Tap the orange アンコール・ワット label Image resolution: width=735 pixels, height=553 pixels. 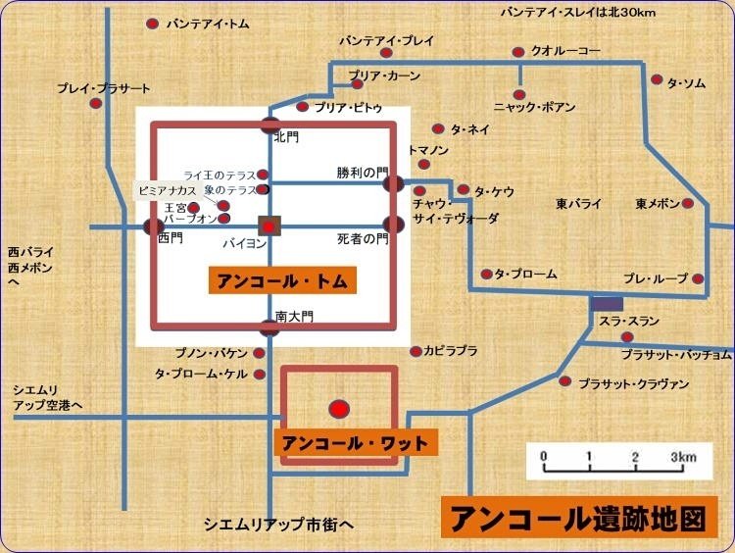355,444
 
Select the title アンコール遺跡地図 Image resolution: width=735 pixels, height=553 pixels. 578,518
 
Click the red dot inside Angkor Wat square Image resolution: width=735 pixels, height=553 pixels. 338,408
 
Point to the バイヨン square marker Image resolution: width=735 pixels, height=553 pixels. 269,226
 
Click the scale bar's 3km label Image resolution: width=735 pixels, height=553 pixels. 683,457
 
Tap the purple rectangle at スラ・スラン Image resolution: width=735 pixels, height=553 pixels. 606,305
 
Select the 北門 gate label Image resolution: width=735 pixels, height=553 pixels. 286,137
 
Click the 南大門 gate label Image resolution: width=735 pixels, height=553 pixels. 293,317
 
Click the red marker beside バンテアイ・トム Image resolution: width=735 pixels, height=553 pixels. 152,23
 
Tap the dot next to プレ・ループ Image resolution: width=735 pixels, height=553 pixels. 699,279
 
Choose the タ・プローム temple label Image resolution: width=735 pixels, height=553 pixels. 525,274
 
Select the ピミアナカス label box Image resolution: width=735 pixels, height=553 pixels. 169,189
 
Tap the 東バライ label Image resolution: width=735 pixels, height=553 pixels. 578,204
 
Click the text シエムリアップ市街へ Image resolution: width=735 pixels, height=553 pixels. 277,523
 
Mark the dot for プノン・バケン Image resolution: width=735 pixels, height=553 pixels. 260,352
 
